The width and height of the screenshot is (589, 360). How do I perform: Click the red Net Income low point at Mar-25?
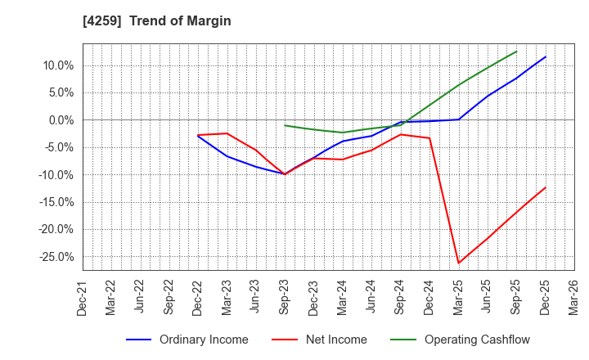pos(459,263)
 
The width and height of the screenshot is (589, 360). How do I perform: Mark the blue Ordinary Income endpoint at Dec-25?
pos(546,56)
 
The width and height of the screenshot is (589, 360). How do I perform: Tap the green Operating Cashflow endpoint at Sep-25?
pos(517,52)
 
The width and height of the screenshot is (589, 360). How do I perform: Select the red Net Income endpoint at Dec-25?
pos(546,187)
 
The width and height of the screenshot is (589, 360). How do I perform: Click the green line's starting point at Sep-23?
pos(285,125)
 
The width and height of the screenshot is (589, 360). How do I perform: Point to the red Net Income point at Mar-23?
pos(227,133)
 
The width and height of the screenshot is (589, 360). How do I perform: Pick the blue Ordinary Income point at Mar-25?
pos(459,119)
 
